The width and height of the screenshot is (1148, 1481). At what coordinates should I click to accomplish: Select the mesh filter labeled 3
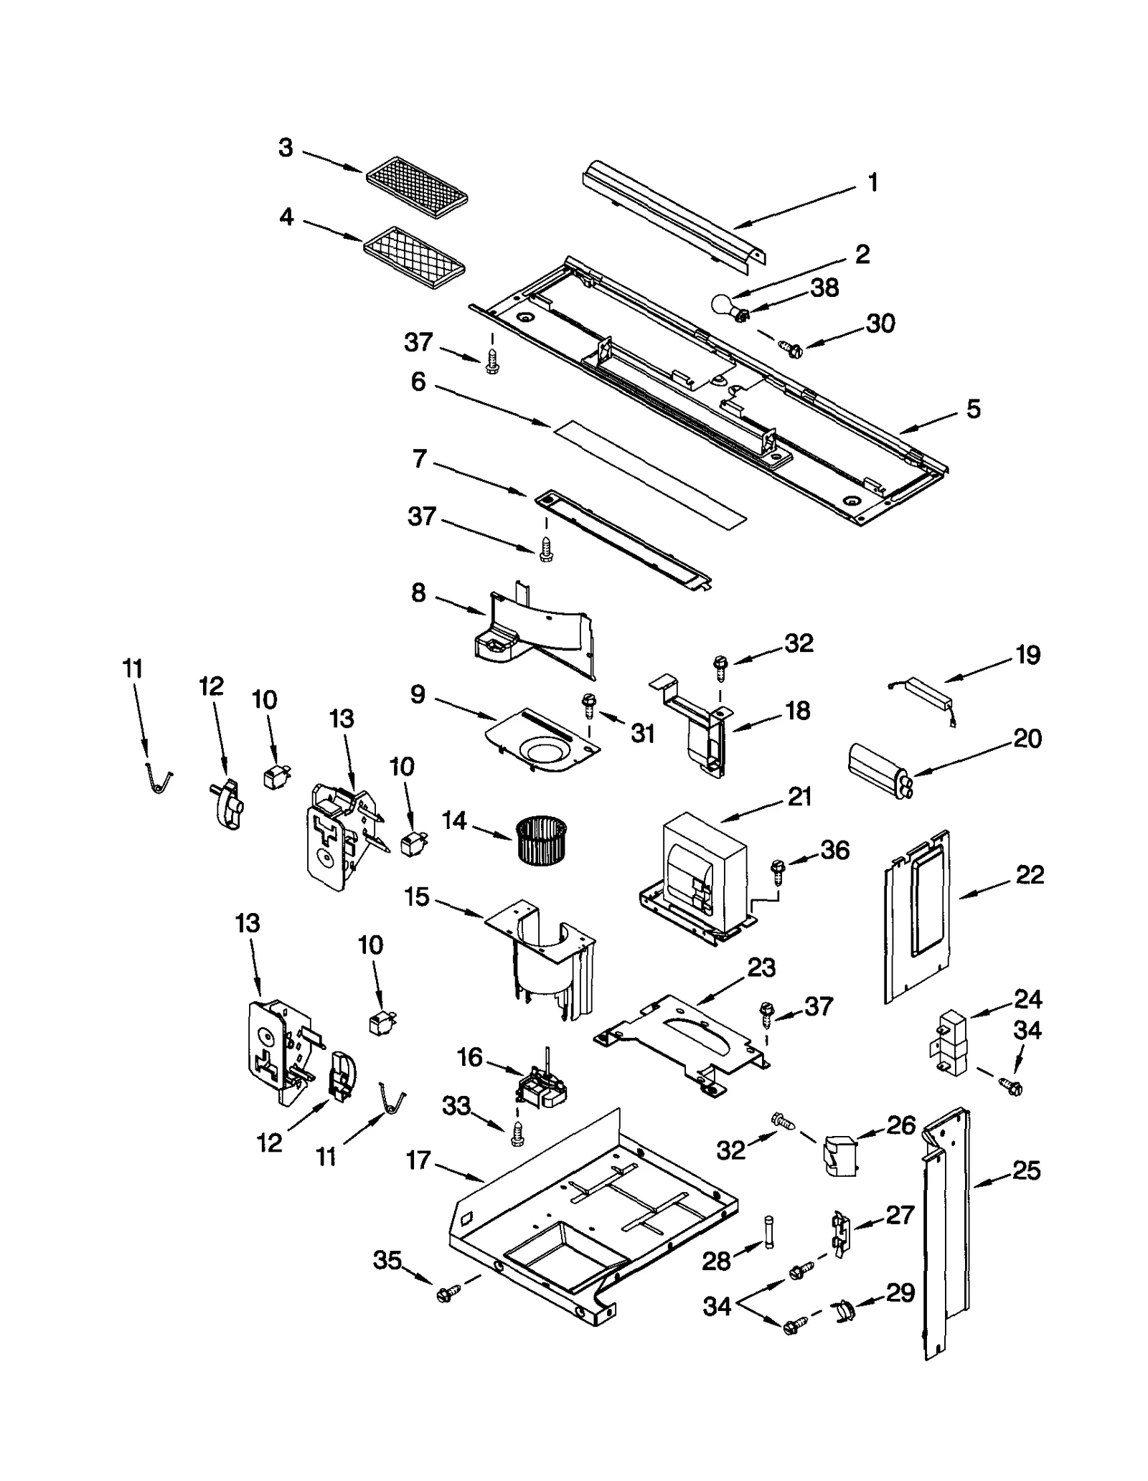417,188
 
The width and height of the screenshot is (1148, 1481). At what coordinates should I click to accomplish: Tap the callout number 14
454,820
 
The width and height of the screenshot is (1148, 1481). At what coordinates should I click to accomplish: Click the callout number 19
1027,655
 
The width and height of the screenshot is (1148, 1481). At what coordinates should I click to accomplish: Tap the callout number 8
418,593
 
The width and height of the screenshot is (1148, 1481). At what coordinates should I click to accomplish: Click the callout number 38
824,288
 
